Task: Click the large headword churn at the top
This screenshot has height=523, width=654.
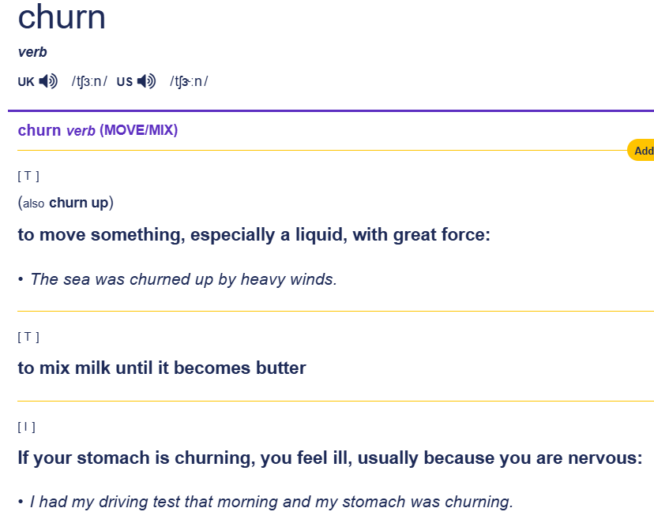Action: pos(62,17)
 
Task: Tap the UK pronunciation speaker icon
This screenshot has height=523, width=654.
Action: pos(48,80)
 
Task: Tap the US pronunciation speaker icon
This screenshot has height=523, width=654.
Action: pos(146,80)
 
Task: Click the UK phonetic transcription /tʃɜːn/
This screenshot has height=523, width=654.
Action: pos(89,81)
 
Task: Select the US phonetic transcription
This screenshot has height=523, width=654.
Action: pos(189,81)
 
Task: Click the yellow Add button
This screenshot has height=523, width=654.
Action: pos(641,151)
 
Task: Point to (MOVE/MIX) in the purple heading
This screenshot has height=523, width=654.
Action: pos(138,130)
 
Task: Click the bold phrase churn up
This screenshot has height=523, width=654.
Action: pos(79,203)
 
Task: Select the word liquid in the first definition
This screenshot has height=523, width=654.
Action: pos(321,235)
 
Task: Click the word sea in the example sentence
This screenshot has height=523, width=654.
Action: pos(77,279)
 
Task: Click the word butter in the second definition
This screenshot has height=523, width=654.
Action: pos(280,368)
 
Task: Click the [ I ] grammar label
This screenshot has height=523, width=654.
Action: pos(26,427)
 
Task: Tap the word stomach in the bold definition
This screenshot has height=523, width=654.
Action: pos(113,458)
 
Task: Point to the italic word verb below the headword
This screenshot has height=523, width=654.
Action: pos(32,52)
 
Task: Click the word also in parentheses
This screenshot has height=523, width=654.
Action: pos(33,204)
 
